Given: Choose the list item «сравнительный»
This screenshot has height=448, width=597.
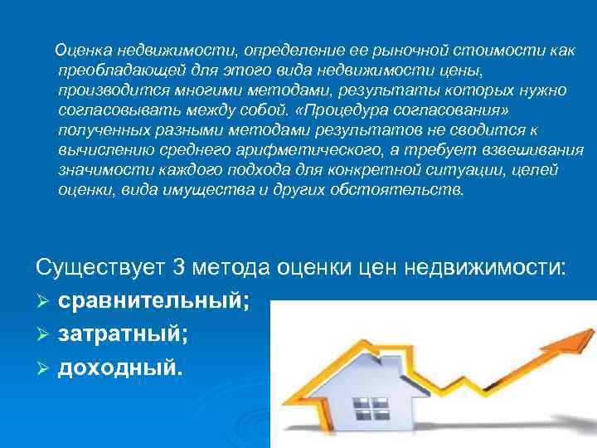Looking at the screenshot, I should [x=153, y=301].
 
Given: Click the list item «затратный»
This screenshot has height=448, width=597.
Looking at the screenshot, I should [x=123, y=334].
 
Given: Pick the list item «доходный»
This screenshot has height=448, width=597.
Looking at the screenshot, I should [x=118, y=366].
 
